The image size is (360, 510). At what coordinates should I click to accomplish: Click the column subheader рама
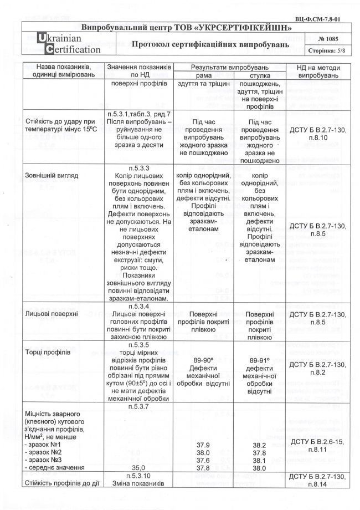[x=200, y=75]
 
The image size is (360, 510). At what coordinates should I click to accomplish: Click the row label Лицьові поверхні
[x=51, y=314]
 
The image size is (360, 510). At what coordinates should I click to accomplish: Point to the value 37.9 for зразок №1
[x=200, y=445]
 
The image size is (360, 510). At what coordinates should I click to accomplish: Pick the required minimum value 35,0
[x=139, y=467]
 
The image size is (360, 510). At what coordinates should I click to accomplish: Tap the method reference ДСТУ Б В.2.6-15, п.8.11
[x=318, y=445]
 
